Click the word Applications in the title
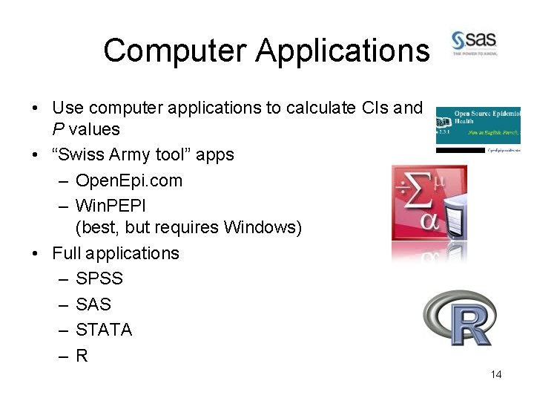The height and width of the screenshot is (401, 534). click(x=343, y=50)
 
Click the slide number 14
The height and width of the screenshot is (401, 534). click(x=496, y=374)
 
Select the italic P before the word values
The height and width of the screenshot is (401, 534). click(x=57, y=129)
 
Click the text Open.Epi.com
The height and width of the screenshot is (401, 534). click(x=129, y=180)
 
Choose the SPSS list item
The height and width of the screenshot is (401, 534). click(x=99, y=278)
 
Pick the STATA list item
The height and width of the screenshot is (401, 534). click(x=104, y=330)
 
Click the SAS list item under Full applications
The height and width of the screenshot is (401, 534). click(x=93, y=304)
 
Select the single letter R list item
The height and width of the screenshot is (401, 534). click(x=82, y=356)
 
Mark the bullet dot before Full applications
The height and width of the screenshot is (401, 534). click(x=36, y=253)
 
